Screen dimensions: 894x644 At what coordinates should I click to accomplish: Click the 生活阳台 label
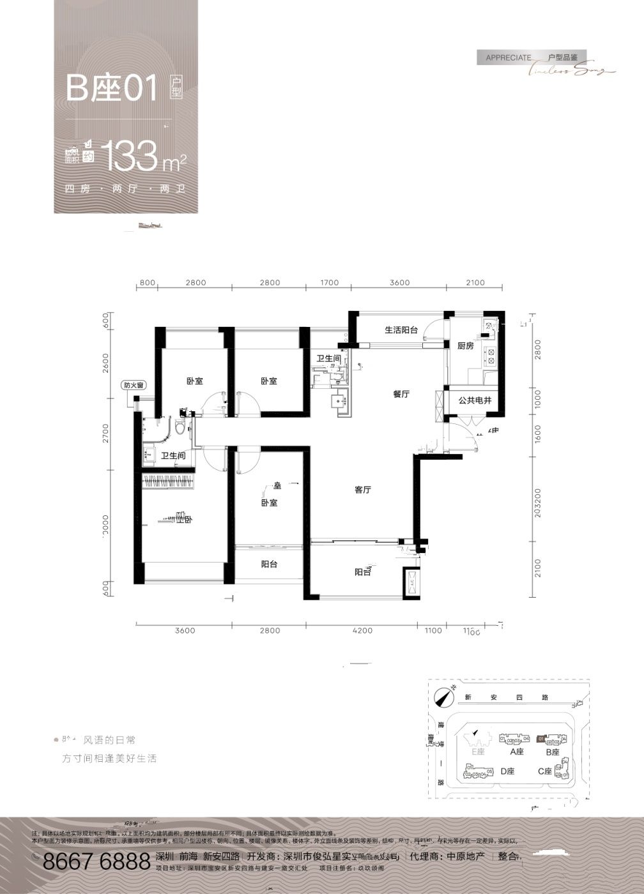[401, 330]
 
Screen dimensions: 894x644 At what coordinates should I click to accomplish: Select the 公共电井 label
[475, 401]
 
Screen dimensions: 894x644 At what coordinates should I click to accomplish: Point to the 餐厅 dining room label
[401, 394]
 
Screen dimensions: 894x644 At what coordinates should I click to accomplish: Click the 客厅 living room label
[363, 490]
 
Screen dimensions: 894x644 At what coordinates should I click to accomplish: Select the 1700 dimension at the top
[330, 282]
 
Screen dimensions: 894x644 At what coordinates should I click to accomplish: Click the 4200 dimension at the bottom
[362, 631]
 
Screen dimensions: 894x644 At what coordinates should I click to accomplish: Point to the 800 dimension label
[147, 282]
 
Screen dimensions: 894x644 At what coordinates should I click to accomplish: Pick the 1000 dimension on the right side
[537, 400]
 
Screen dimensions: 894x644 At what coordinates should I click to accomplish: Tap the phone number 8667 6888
[96, 862]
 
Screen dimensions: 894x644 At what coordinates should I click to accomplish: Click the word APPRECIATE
[508, 57]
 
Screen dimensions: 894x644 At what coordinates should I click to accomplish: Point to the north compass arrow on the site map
[441, 697]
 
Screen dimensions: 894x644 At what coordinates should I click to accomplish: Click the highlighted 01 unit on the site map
[541, 739]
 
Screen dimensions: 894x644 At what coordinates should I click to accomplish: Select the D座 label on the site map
[507, 771]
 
